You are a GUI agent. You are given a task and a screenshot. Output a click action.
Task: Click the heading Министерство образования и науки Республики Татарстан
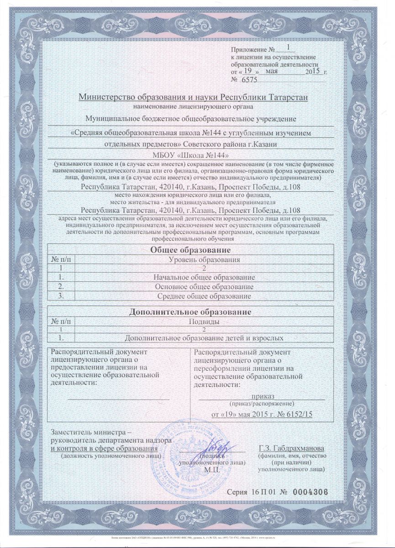click(x=194, y=97)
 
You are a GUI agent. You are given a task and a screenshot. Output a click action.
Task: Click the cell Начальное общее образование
click(x=204, y=278)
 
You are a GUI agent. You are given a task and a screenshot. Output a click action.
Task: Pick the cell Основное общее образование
click(x=204, y=287)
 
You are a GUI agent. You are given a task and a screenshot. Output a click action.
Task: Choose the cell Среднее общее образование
click(x=204, y=296)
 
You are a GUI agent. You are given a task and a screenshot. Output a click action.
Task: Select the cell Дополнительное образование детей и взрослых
click(x=204, y=338)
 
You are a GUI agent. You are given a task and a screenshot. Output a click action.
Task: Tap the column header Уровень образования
click(x=204, y=259)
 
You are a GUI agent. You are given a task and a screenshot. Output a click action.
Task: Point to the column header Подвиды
click(x=204, y=321)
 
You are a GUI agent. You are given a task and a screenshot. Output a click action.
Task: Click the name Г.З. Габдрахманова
click(x=291, y=448)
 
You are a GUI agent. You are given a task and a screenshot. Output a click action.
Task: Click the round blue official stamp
click(x=192, y=457)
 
